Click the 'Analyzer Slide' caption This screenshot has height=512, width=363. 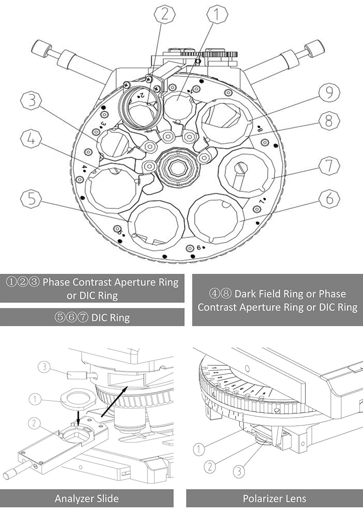point(87,499)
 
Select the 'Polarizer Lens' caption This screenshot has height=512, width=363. point(275,499)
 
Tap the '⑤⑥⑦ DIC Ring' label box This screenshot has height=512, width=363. point(92,317)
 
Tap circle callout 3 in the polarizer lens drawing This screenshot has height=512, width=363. point(239,472)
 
